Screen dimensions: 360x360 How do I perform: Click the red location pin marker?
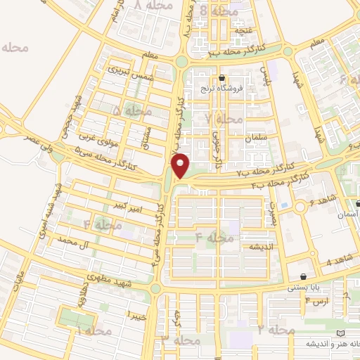(181, 165)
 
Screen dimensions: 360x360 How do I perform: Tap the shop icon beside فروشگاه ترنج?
(222, 78)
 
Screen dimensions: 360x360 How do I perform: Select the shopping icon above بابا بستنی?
(303, 276)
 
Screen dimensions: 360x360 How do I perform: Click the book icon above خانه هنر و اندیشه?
(342, 332)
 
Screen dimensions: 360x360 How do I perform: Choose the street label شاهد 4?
(337, 262)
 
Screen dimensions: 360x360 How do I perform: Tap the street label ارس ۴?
(317, 301)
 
